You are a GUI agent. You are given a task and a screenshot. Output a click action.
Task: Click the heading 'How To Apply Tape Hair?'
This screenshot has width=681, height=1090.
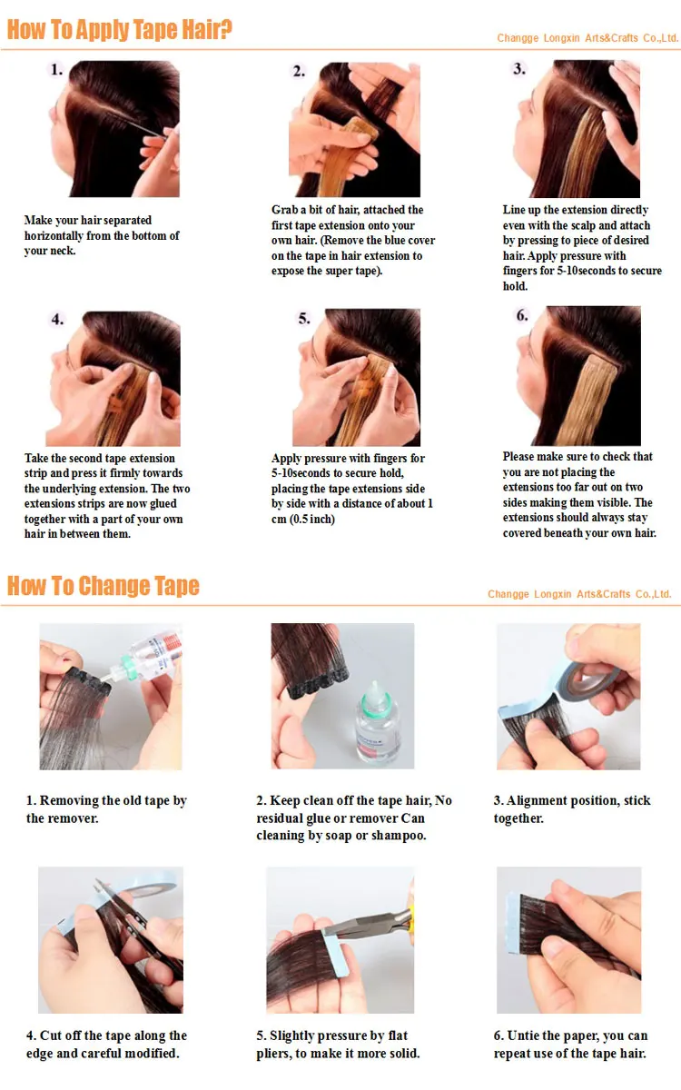click(119, 29)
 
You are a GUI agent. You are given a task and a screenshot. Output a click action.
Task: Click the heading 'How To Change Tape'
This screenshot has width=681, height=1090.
click(104, 585)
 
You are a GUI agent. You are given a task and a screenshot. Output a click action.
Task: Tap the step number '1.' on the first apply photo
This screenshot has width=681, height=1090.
click(57, 70)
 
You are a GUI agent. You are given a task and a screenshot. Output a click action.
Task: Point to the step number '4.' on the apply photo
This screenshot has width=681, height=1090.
click(57, 319)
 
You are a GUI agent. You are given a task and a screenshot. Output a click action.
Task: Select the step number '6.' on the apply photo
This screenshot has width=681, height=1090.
click(522, 315)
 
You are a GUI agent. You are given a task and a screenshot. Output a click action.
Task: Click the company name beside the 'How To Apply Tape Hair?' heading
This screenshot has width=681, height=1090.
click(587, 38)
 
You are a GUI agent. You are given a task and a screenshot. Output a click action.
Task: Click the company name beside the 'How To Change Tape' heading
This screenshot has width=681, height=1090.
click(579, 594)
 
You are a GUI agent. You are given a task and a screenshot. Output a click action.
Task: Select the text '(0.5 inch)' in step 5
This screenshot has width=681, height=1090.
click(312, 520)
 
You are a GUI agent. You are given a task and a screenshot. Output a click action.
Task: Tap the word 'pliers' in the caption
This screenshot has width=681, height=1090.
click(274, 1054)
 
